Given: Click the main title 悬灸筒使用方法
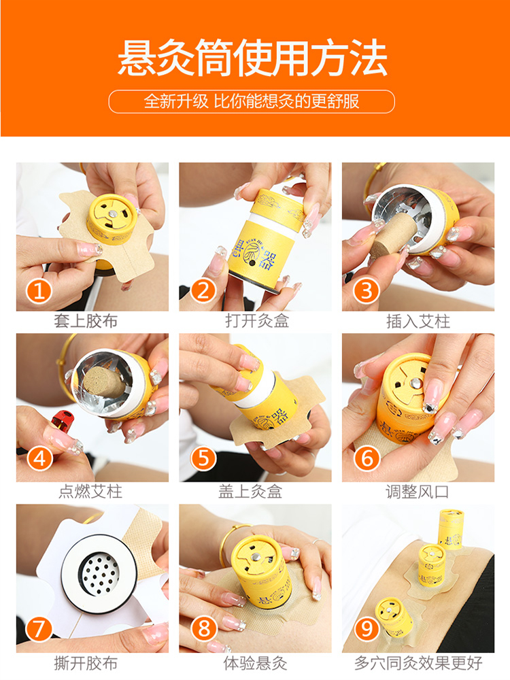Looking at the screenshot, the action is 252,58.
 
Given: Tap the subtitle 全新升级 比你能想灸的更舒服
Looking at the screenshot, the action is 252,101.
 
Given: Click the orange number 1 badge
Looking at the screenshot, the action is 39,291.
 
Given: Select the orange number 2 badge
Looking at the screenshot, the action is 203,290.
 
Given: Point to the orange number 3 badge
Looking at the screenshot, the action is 367,291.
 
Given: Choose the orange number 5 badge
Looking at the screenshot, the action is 203,458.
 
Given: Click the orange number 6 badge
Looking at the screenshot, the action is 367,458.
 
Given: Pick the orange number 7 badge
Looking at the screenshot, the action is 39,629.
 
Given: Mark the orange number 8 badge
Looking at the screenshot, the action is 203,629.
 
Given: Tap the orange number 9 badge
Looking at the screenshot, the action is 367,629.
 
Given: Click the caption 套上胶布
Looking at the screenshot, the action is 86,322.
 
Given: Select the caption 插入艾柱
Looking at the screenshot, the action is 418,322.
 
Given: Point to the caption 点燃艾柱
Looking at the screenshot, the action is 90,492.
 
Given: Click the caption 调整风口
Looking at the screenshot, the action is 418,492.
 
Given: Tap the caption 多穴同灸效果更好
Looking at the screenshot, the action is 418,663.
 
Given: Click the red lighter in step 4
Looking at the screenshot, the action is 63,422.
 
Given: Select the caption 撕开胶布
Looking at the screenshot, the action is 86,663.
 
